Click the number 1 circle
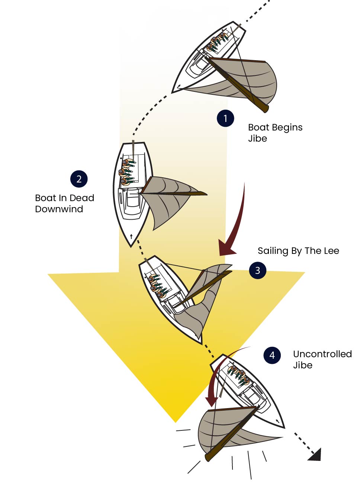225,119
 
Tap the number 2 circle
79,179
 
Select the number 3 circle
258,271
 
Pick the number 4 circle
272,355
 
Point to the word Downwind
59,209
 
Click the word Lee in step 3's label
331,251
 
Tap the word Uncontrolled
322,354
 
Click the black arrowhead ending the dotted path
315,455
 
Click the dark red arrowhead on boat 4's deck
212,401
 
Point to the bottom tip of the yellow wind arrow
176,421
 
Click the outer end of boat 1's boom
265,108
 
